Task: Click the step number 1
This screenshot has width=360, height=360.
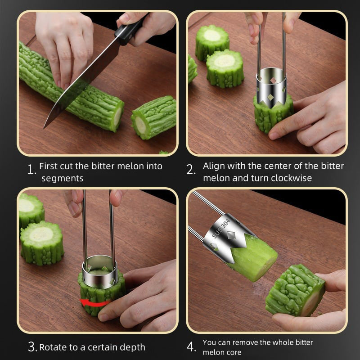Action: click(x=31, y=171)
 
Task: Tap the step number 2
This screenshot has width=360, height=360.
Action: click(x=191, y=170)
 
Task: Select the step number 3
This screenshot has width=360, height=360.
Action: click(x=32, y=346)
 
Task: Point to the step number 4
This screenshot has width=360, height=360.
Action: click(x=191, y=347)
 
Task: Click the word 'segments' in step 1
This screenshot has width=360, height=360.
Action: click(x=63, y=178)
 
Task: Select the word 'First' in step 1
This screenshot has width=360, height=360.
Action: click(x=48, y=166)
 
